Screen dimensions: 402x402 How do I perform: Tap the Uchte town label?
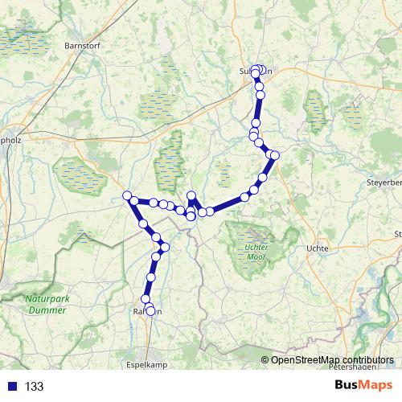(318, 248)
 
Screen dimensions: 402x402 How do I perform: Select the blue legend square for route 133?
(13, 387)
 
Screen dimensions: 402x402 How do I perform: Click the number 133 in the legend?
(35, 387)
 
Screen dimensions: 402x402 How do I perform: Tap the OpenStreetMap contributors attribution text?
(332, 360)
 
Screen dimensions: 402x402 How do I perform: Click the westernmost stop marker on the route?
(127, 195)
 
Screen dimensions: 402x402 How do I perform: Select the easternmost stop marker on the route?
(275, 155)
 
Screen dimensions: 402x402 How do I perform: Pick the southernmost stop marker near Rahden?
(150, 311)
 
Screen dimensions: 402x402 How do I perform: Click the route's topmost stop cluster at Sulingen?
(258, 70)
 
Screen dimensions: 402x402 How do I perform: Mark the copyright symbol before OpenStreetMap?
(266, 360)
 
